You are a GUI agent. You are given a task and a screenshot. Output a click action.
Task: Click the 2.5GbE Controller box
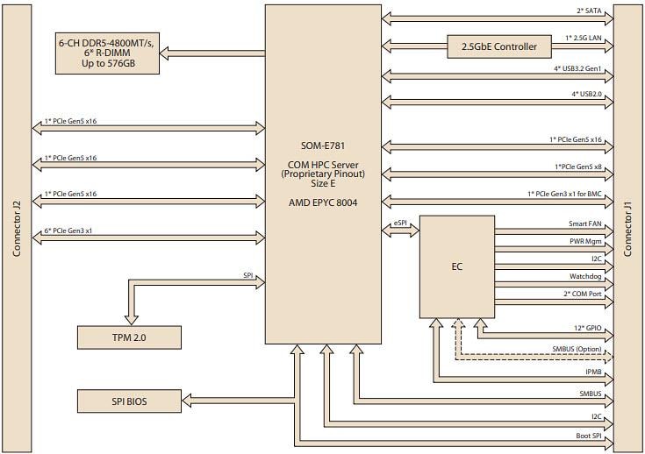coord(499,46)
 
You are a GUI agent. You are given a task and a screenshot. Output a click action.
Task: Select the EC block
coord(456,266)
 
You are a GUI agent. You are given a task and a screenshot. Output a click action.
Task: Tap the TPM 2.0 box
coord(129,337)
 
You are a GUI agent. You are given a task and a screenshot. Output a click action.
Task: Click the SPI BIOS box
coord(129,401)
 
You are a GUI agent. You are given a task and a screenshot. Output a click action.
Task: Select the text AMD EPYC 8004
coord(324,202)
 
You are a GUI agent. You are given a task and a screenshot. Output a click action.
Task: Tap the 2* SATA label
coord(588,11)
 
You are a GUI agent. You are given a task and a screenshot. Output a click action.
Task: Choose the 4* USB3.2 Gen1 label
coord(577,69)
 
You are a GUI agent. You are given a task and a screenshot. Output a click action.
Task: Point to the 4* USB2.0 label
coord(586,93)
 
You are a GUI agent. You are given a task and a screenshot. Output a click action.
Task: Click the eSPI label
coord(399,223)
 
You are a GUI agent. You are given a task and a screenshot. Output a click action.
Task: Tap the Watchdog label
coord(585,277)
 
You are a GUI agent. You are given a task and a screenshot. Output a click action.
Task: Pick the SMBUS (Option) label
coord(576,350)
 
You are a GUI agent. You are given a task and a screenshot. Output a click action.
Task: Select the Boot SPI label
coord(588,436)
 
